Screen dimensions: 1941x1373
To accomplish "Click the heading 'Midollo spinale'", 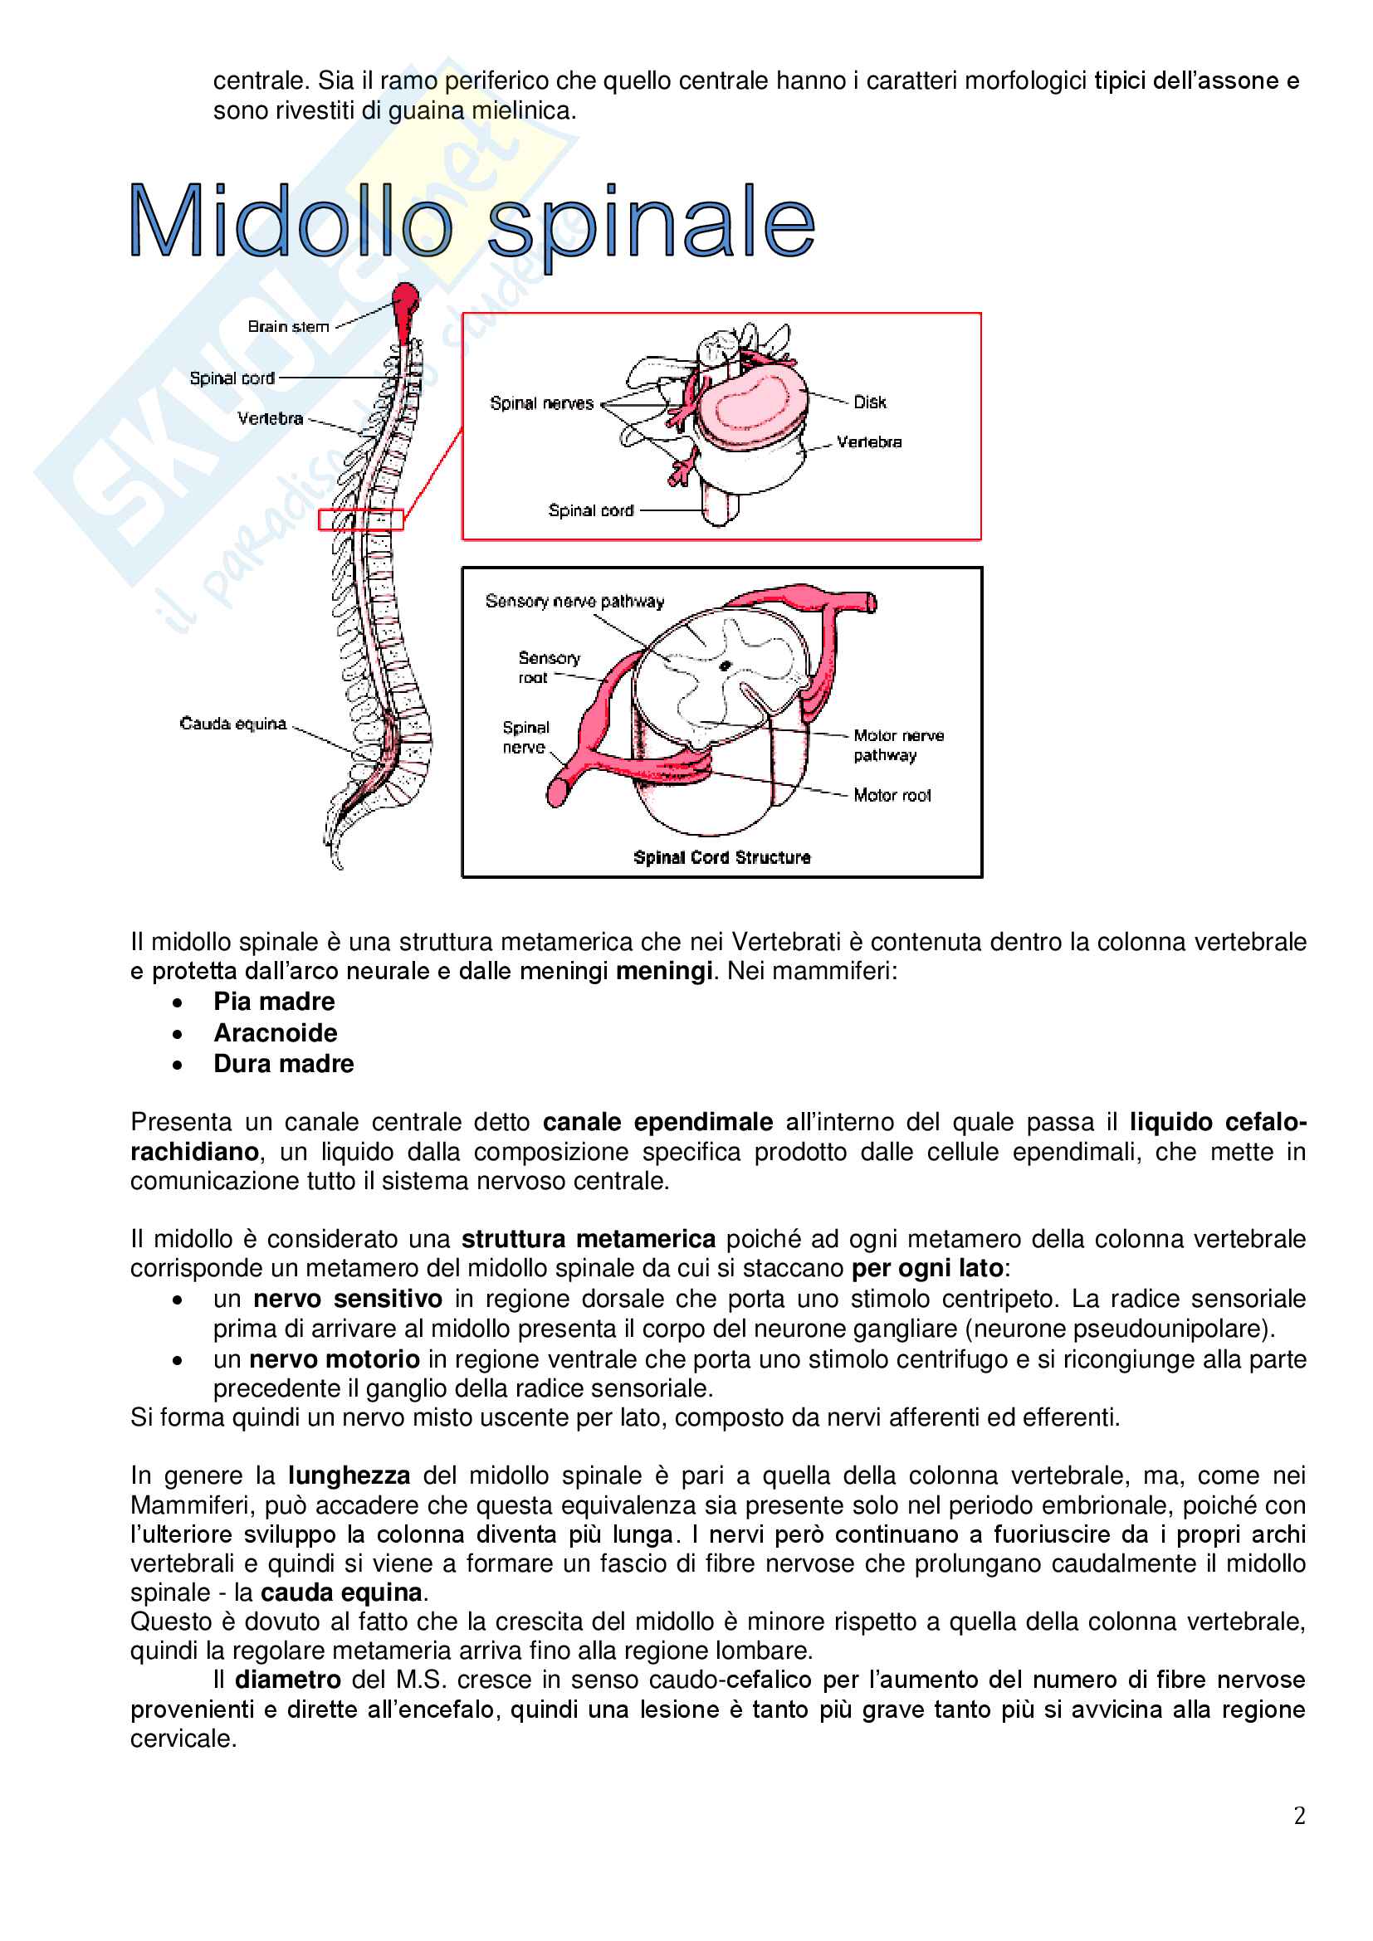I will point(472,222).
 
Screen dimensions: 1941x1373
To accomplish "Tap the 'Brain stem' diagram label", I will point(288,327).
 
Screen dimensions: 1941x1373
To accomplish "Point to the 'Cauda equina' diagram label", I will point(233,724).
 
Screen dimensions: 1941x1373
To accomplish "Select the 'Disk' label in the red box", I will point(869,402).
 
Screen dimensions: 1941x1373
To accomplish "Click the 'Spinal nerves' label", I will point(542,403).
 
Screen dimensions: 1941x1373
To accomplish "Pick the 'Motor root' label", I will point(892,796).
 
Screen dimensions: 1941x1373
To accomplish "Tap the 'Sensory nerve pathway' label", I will point(575,601).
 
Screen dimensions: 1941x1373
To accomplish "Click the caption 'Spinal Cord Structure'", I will point(722,857).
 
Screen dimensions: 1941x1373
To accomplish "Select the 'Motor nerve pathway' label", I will point(898,744).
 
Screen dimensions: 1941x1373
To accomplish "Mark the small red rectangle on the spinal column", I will point(360,519).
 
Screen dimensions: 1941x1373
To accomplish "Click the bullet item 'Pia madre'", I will point(274,1002).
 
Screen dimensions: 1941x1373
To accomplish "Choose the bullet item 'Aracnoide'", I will point(276,1033).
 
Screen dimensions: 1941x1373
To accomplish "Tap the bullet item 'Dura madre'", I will point(284,1064).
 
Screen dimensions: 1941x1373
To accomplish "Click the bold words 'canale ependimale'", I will point(657,1122).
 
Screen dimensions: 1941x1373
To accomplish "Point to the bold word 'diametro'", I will point(287,1680).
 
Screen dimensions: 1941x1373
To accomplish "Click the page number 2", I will point(1299,1816).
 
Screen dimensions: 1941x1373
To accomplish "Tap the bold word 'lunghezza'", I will point(349,1475).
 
